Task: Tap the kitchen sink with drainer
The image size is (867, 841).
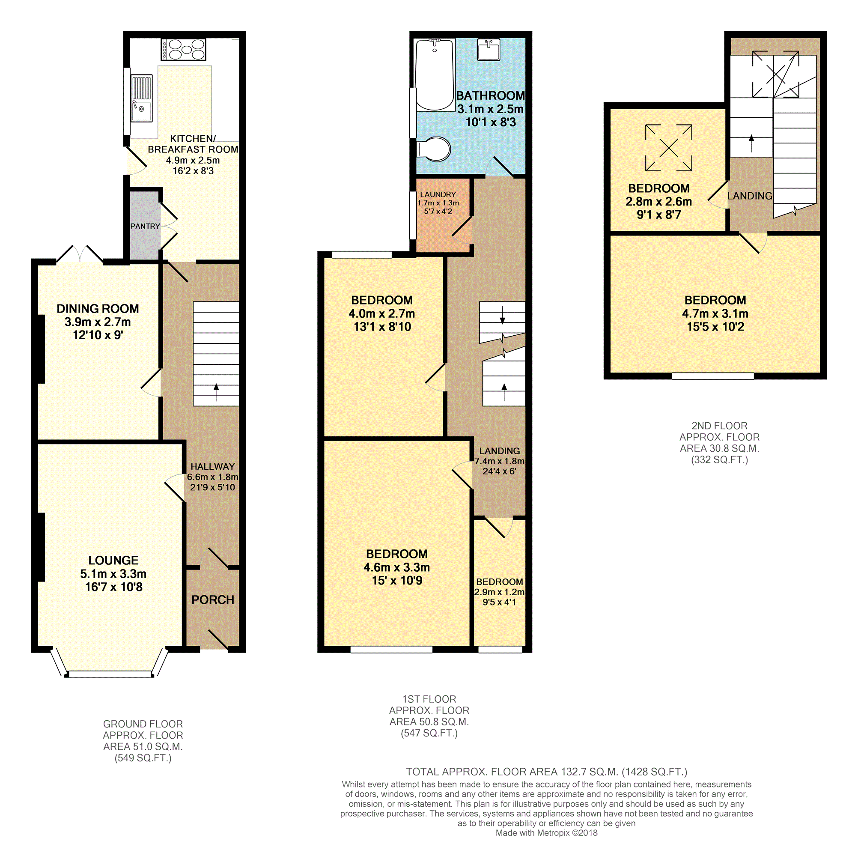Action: [x=142, y=98]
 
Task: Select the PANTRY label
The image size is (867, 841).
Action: [x=145, y=226]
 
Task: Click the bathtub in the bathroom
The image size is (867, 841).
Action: [x=435, y=75]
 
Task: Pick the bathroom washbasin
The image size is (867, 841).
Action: [x=489, y=49]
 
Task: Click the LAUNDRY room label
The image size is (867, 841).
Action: [x=438, y=194]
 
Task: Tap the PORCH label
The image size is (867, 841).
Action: [x=213, y=600]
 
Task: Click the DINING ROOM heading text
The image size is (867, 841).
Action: [x=98, y=309]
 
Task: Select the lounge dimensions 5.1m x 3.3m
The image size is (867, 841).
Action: [x=113, y=574]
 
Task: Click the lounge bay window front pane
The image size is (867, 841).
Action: [x=110, y=675]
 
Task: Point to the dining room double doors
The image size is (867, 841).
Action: [x=80, y=254]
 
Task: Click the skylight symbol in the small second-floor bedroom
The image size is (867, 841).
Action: [x=668, y=147]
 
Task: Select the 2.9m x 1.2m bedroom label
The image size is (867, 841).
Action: [x=499, y=592]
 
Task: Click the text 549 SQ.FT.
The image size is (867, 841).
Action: [x=143, y=758]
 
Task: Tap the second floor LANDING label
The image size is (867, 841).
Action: [x=749, y=196]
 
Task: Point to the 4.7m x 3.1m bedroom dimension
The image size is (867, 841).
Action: [x=715, y=313]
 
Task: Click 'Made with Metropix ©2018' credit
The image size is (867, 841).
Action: [x=546, y=833]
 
